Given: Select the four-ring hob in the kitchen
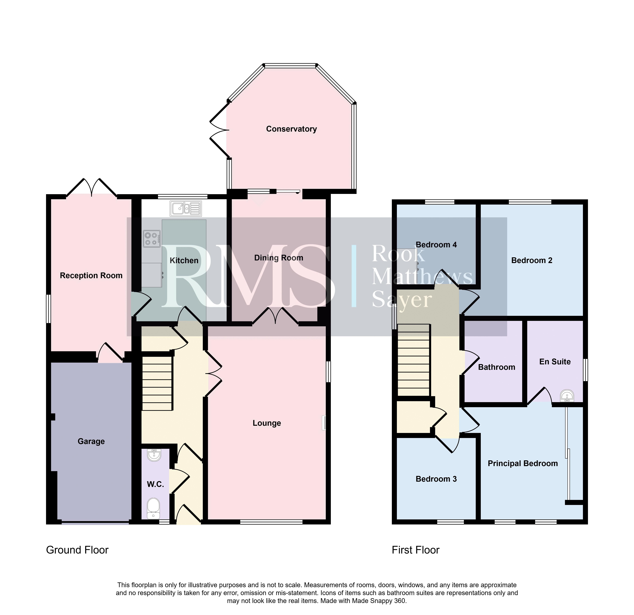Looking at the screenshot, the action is click(x=152, y=239).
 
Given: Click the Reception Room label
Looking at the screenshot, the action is click(x=91, y=276).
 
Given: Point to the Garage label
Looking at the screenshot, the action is click(x=91, y=441).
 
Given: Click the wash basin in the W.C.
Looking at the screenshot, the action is click(x=154, y=455).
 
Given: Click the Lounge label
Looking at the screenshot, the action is click(x=267, y=423).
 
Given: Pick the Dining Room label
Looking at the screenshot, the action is click(x=279, y=258).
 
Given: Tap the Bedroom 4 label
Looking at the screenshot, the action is click(x=436, y=245).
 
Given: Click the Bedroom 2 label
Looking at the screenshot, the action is click(x=532, y=260).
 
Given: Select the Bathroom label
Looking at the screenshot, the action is click(x=497, y=367).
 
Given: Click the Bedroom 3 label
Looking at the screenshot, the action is click(x=436, y=479).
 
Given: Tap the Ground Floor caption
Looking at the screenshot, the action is click(x=77, y=550).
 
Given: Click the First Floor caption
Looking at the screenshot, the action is click(x=416, y=550).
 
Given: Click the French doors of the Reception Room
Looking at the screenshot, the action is click(x=92, y=187).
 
